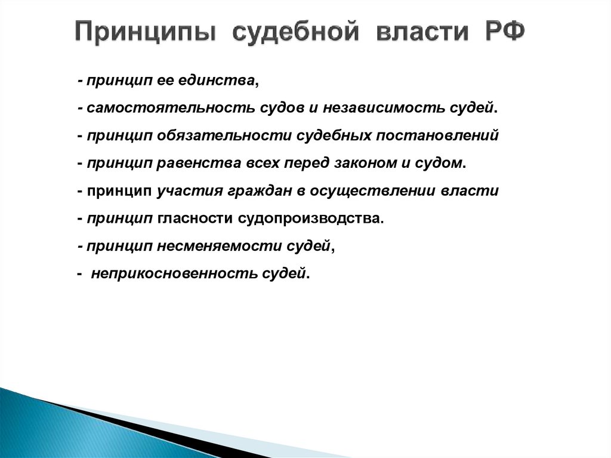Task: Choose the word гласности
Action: (195, 219)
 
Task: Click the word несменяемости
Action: (206, 246)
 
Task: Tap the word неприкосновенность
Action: (174, 273)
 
